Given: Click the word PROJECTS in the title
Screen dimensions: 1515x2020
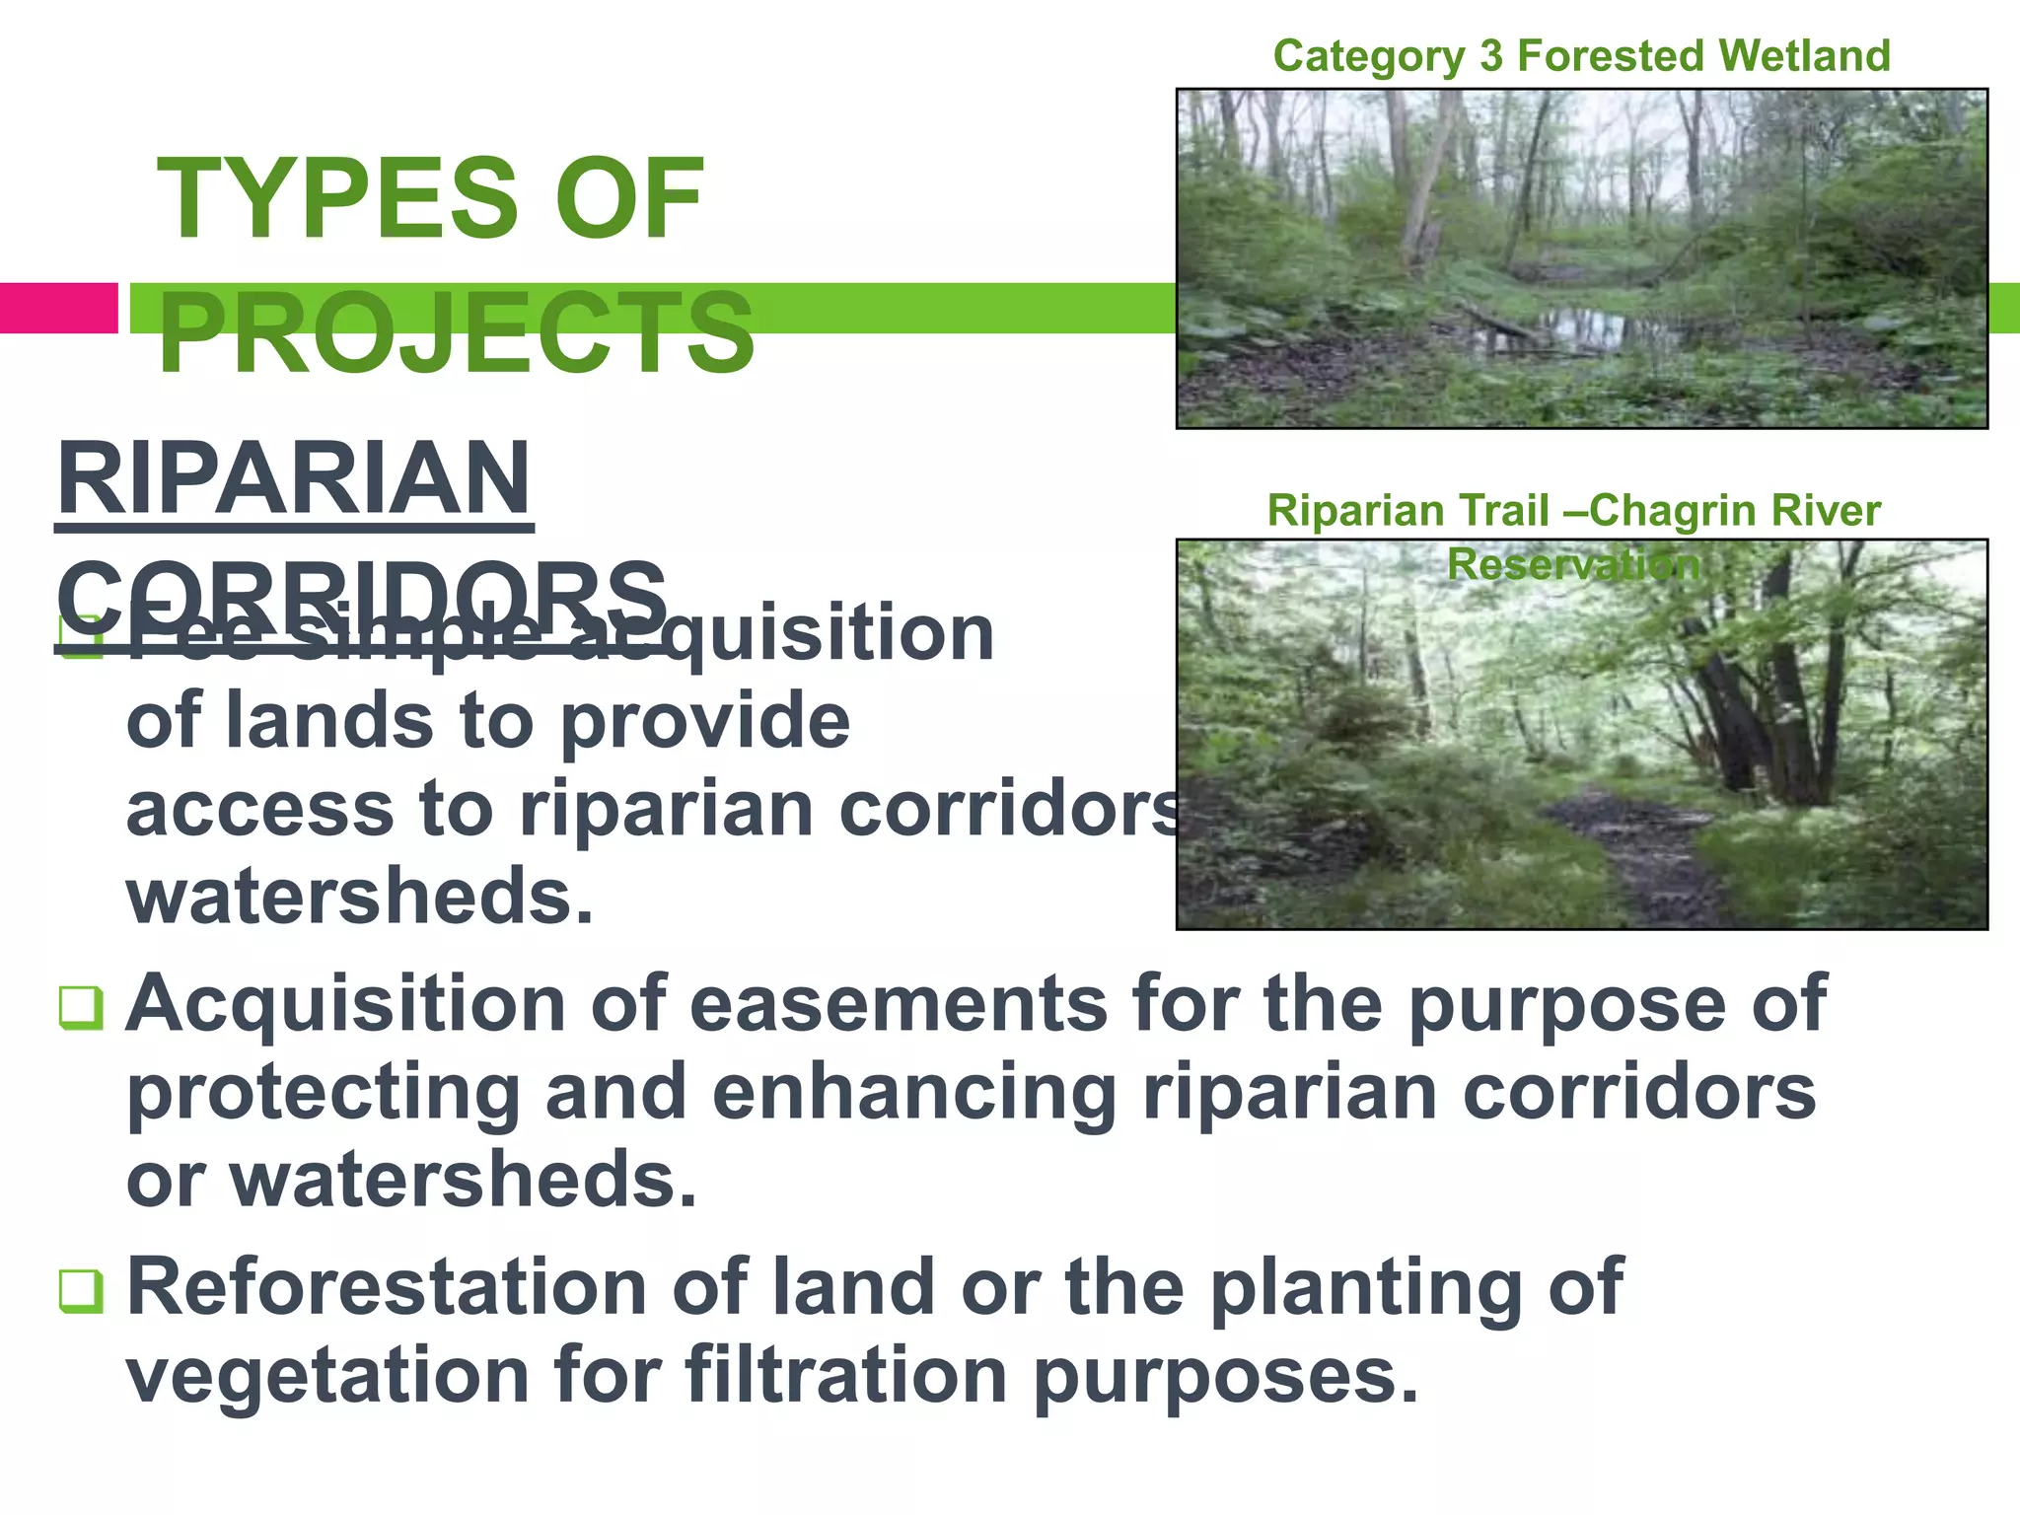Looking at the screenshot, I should tap(456, 333).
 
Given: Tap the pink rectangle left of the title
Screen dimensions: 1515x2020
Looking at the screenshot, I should tap(58, 308).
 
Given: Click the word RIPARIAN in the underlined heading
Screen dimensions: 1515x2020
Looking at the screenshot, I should tap(294, 480).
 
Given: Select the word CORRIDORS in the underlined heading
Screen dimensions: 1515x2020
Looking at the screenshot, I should tap(361, 596).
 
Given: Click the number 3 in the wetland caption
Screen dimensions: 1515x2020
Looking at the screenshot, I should tap(1489, 56).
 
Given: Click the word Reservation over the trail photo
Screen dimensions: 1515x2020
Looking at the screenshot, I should tap(1574, 565).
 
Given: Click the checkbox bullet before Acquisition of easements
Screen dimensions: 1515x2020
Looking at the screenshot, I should tap(81, 1007).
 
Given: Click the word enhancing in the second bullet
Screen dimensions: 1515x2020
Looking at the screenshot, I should tap(913, 1093).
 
